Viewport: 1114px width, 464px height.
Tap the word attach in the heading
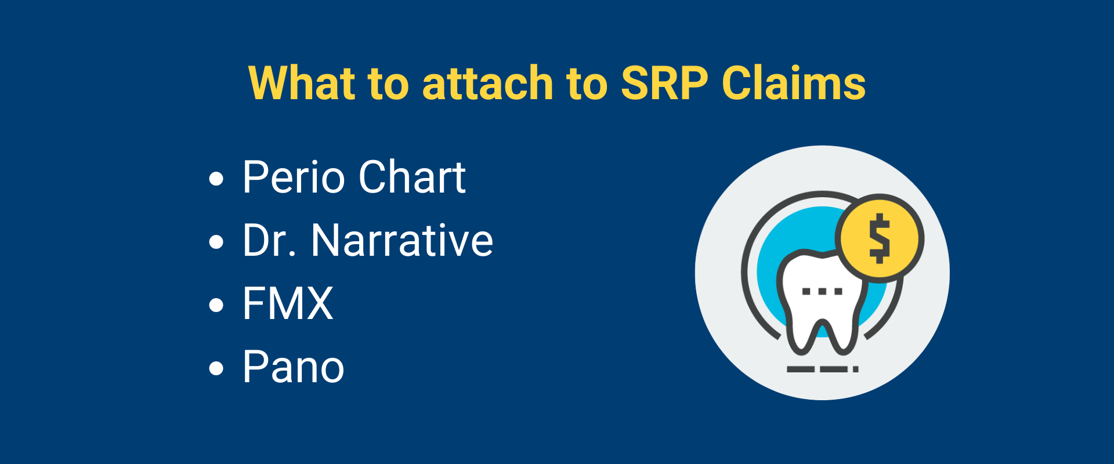[x=487, y=83]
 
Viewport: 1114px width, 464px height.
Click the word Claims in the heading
[x=794, y=83]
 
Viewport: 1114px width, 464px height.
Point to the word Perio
[x=294, y=177]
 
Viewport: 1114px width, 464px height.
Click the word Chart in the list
[x=412, y=177]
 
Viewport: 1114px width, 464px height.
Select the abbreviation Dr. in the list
[x=270, y=240]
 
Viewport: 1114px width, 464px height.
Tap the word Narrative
[x=402, y=240]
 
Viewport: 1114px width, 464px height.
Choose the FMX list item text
[x=288, y=303]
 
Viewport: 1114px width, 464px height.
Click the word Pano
[x=294, y=367]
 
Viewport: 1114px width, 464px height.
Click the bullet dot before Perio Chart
[x=216, y=179]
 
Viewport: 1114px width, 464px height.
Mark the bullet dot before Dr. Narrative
[x=216, y=242]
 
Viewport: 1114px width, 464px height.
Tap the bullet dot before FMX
[x=216, y=305]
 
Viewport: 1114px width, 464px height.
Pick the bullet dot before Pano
[x=216, y=368]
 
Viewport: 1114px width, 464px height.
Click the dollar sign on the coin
[x=880, y=238]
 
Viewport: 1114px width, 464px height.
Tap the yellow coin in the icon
[x=880, y=238]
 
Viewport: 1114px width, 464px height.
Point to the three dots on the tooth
[x=822, y=291]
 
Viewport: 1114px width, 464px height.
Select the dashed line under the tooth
[x=822, y=369]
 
